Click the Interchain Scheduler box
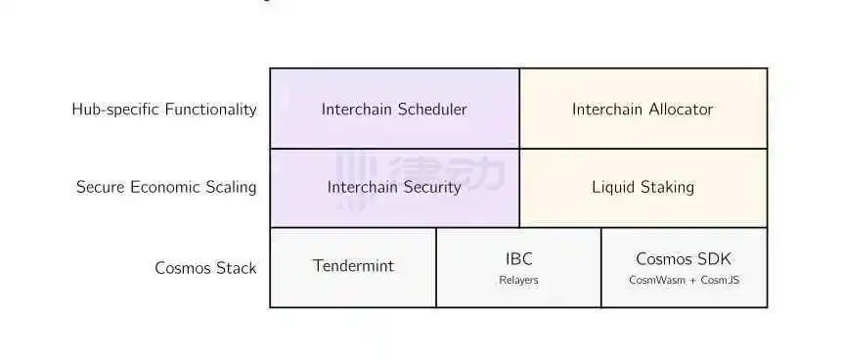pos(395,109)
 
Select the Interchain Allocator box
pos(643,109)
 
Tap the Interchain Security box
pos(395,188)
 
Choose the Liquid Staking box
pos(643,188)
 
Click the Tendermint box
pos(353,267)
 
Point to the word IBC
pos(518,259)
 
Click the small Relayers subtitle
pos(518,280)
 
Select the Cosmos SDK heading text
pos(684,259)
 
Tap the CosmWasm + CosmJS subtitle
pos(684,280)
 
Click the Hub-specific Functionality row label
pos(164,110)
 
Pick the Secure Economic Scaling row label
pos(166,187)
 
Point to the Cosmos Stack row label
pos(205,268)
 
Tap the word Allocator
pos(682,110)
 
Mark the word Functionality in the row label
pos(211,110)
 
